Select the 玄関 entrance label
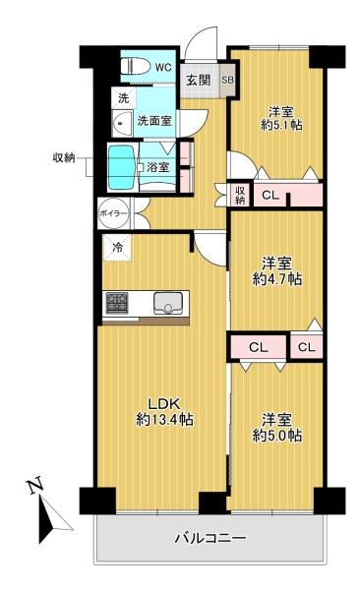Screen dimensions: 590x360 coord(199,80)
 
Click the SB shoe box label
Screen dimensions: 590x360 coord(227,80)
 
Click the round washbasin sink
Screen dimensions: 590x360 coord(121,124)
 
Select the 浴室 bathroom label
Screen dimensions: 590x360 coord(157,167)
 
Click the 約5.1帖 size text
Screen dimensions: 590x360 coord(280,126)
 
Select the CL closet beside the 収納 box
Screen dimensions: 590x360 coord(270,195)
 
